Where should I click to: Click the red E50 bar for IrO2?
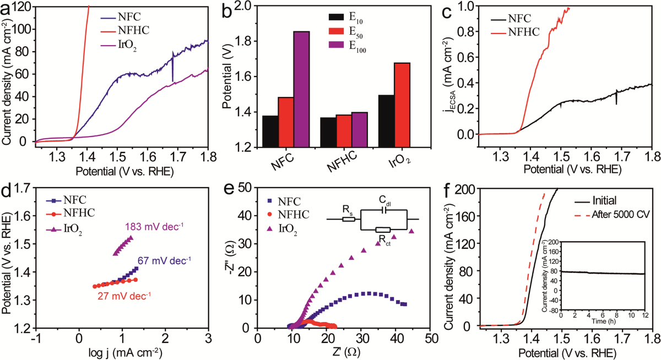tap(402, 105)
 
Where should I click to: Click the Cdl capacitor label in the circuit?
tap(386, 200)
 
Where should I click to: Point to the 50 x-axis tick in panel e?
tap(430, 337)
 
